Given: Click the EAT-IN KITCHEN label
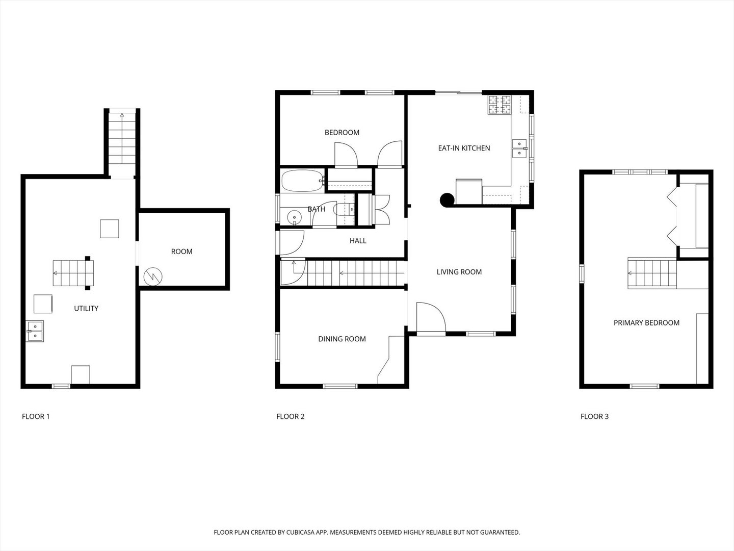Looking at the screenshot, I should [464, 148].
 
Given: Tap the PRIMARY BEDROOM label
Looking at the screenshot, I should [646, 322].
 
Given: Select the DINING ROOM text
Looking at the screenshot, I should [342, 339].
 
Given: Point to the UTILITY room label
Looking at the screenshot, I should [86, 308].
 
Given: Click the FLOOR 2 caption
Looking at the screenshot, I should [290, 416].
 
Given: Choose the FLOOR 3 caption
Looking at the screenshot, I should [594, 416].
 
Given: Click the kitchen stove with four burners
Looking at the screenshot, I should [500, 105].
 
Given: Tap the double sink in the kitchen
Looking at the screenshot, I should [519, 148].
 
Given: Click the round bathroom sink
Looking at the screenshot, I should [295, 218].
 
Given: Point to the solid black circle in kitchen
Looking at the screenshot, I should [447, 201].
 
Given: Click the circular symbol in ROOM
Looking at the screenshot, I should [153, 277].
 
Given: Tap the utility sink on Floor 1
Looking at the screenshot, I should [35, 331].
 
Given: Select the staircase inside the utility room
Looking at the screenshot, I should [73, 273].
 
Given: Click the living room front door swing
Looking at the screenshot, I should [431, 318].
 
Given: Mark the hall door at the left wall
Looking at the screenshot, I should [292, 243].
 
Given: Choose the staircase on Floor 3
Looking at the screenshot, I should [651, 273].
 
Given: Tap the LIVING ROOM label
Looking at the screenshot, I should [459, 272].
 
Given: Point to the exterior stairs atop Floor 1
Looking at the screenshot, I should [122, 138].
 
